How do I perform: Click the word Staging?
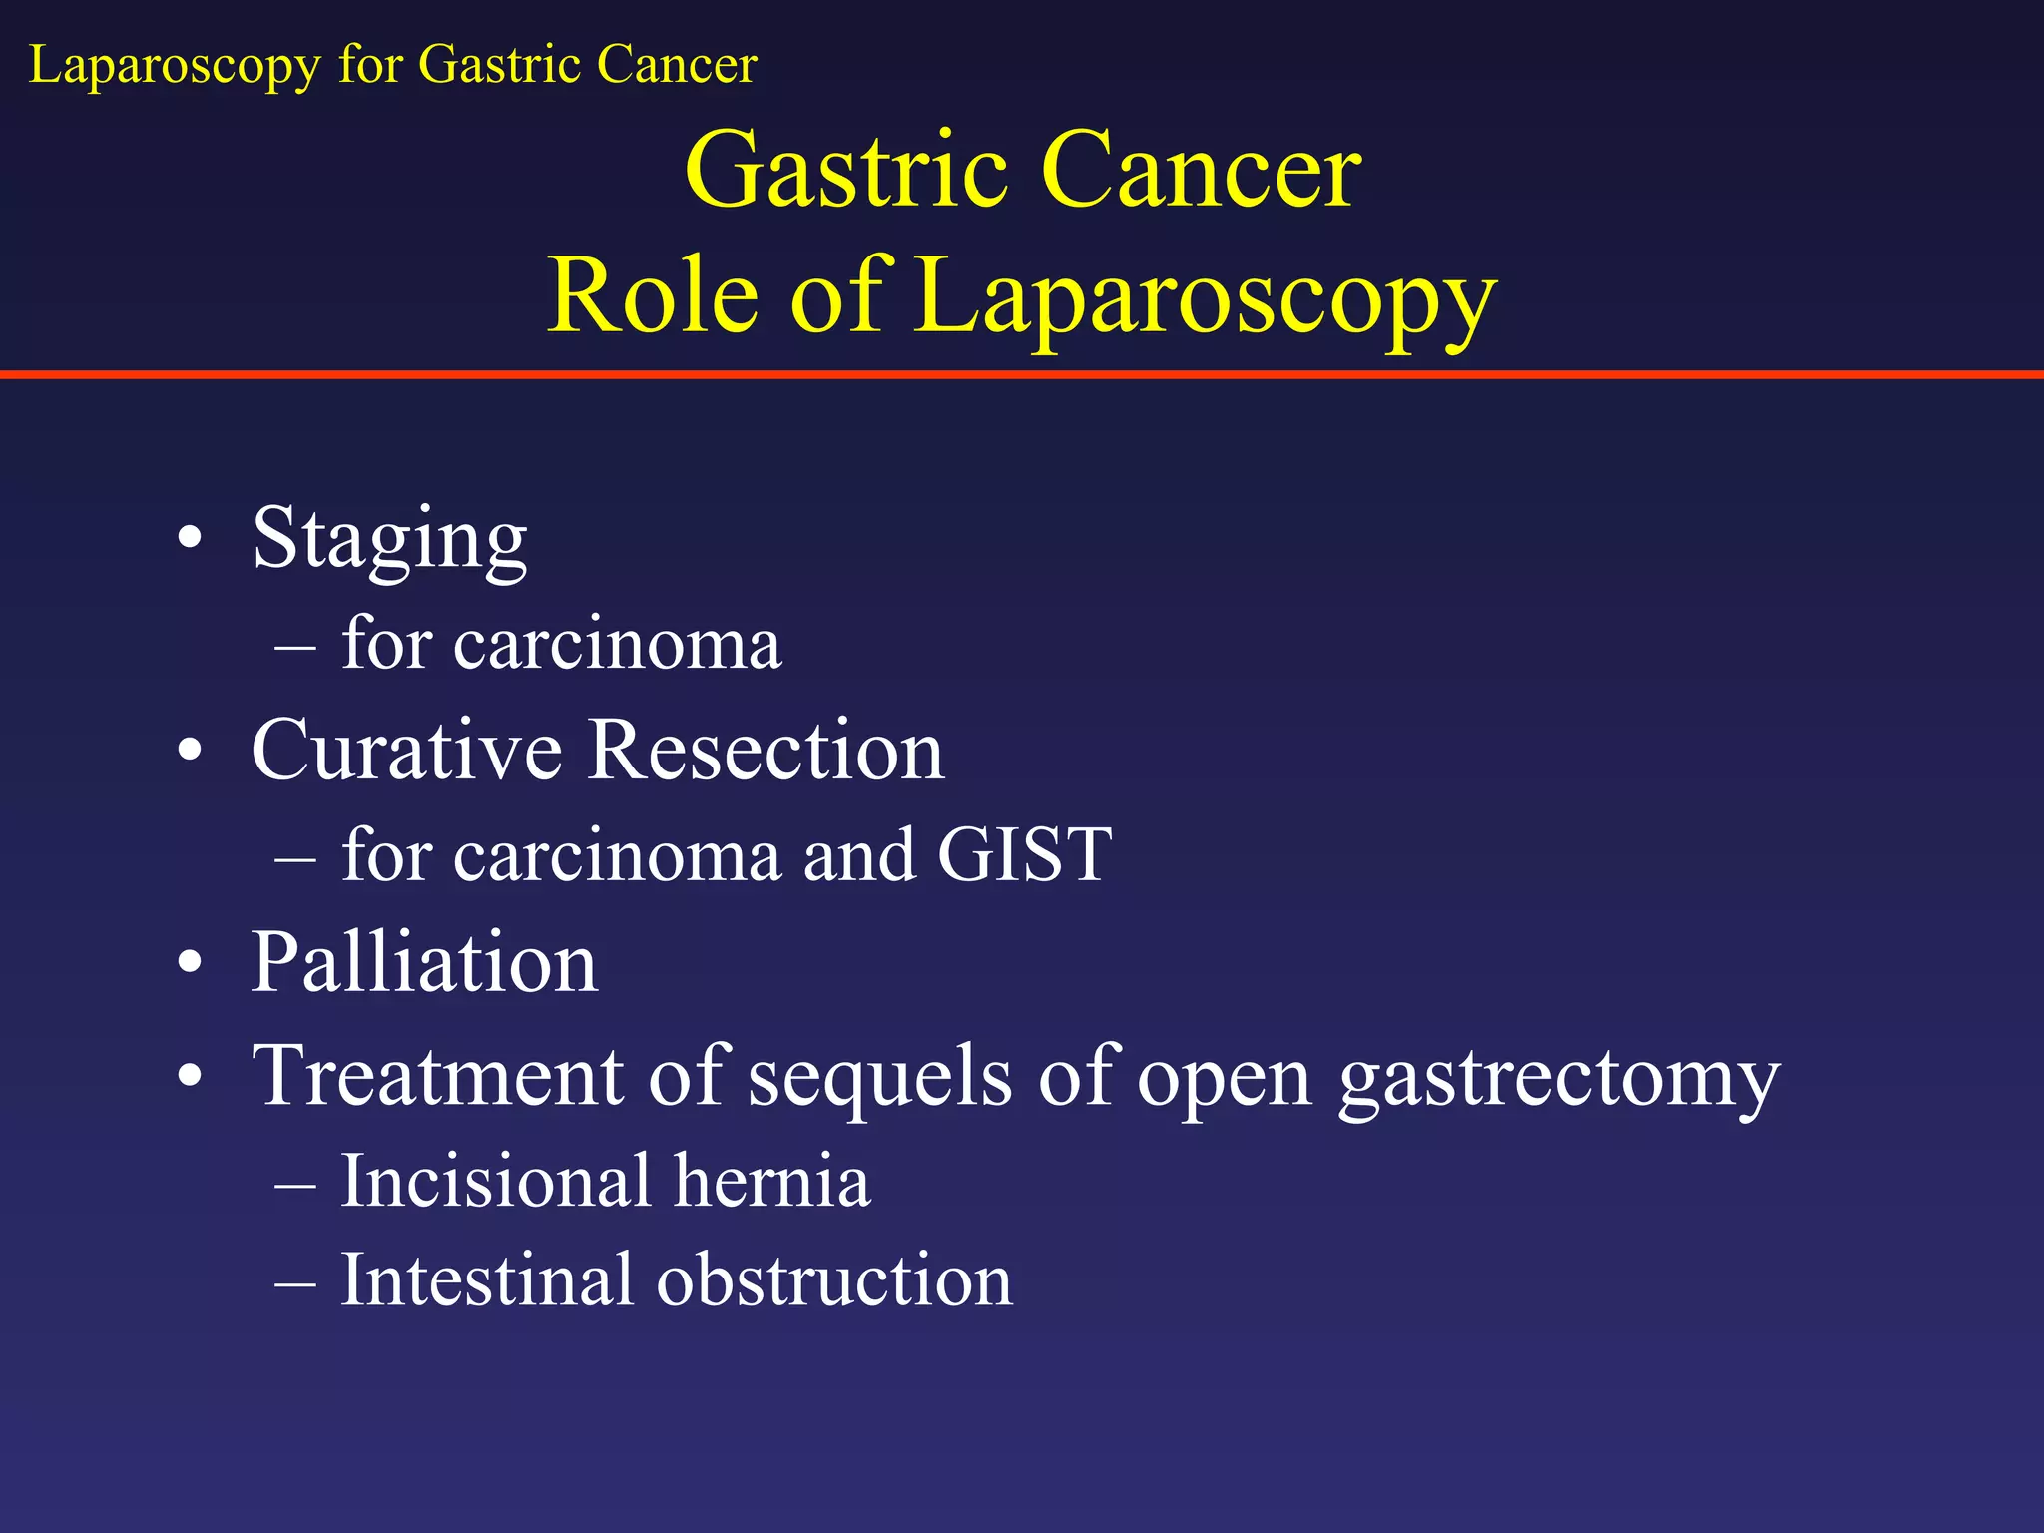coord(389,540)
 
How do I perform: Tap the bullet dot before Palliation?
coord(190,964)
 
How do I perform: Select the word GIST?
coord(1024,855)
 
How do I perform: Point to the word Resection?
coord(766,751)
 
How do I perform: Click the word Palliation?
coord(424,963)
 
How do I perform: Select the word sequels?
coord(879,1078)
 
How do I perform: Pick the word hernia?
coord(771,1182)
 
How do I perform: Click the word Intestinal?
coord(487,1280)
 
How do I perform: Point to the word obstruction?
coord(833,1280)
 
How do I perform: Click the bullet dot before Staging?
coord(190,540)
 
